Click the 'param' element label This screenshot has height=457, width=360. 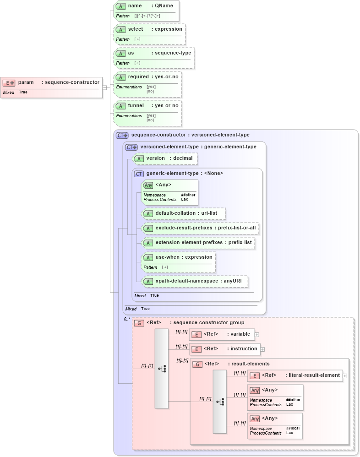[x=26, y=82]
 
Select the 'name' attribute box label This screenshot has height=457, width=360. [x=135, y=6]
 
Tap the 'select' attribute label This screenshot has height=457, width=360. [x=136, y=29]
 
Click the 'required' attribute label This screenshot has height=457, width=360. [x=138, y=76]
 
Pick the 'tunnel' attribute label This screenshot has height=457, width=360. [x=136, y=105]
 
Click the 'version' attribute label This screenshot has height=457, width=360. [x=155, y=158]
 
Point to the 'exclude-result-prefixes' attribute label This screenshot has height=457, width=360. [x=183, y=228]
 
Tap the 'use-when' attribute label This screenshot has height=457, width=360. [x=168, y=257]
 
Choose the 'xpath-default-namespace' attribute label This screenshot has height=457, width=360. [x=185, y=280]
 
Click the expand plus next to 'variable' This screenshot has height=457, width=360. [x=256, y=335]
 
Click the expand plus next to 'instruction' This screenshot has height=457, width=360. [x=262, y=349]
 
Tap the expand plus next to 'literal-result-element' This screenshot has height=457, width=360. [x=344, y=376]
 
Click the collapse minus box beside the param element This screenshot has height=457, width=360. [x=105, y=87]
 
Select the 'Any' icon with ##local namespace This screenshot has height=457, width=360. [x=255, y=419]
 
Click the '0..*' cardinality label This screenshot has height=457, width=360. [x=127, y=319]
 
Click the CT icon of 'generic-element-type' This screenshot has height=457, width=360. [x=139, y=174]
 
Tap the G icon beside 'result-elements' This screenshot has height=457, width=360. [x=197, y=364]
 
